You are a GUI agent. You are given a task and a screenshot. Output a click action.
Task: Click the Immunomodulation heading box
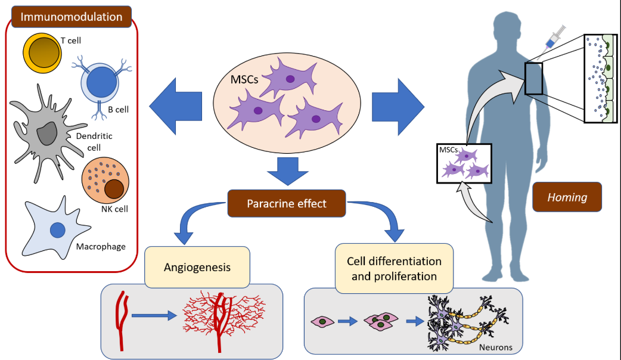coord(72,17)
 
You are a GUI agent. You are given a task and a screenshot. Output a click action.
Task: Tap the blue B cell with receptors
coord(101,84)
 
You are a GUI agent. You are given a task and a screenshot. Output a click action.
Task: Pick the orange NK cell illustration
coord(104,181)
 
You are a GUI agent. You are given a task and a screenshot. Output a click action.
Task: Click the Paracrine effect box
coord(287,203)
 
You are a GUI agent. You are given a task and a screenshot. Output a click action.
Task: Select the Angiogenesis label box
coord(197,266)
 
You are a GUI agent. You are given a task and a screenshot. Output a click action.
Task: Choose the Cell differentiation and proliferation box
coord(394,269)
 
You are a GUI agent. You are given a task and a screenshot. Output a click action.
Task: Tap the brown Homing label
coord(567,197)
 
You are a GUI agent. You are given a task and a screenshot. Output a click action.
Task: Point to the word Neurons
coord(495,346)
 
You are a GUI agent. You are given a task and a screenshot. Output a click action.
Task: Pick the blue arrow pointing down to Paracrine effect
coord(286,170)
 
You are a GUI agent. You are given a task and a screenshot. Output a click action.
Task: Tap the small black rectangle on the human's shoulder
coord(533,78)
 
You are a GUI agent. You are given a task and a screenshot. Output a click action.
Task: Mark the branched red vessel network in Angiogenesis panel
coord(222,314)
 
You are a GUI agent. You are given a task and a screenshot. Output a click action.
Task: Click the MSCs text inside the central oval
coord(244,78)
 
